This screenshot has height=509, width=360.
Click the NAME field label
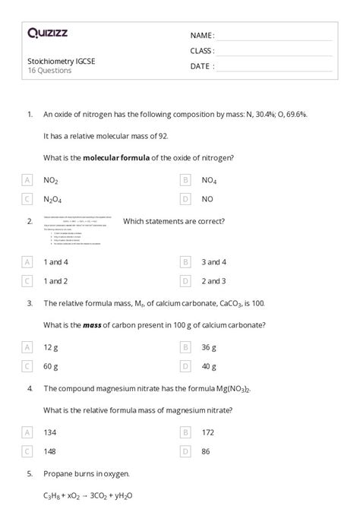(x=202, y=36)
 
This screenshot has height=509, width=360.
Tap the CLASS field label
(x=202, y=51)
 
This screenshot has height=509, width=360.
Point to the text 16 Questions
(x=49, y=71)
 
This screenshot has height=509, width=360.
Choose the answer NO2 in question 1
(x=51, y=180)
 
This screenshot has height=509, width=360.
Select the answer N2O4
(x=53, y=199)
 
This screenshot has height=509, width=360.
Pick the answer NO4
(x=209, y=180)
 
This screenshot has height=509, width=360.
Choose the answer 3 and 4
(x=213, y=262)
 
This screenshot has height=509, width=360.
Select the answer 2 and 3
(x=213, y=281)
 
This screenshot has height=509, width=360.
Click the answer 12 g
(x=51, y=347)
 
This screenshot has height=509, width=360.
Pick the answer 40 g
(x=209, y=366)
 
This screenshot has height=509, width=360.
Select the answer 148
(x=51, y=451)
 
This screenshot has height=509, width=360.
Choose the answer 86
(x=207, y=451)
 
